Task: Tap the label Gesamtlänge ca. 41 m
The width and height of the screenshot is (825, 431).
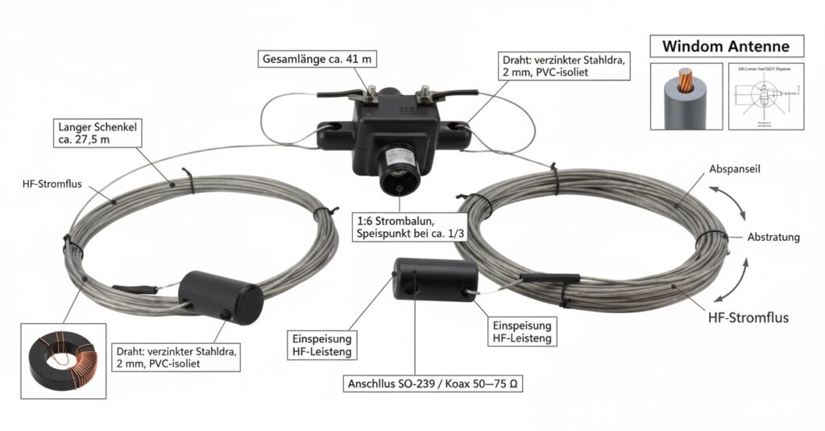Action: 318,59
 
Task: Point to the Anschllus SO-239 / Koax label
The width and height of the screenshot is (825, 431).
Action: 434,384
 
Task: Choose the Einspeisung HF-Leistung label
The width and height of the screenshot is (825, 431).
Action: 521,332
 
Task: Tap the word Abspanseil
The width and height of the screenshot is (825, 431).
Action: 736,170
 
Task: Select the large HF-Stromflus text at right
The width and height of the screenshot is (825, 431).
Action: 748,317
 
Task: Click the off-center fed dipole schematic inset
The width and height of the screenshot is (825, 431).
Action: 766,97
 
